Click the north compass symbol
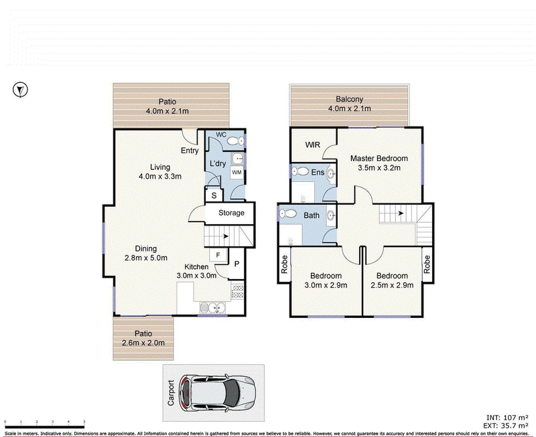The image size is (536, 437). click(x=20, y=90)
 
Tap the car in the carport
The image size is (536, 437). click(x=216, y=393)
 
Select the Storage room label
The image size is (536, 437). click(x=231, y=213)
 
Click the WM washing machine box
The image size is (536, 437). click(x=237, y=173)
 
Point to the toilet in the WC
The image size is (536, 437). click(x=236, y=141)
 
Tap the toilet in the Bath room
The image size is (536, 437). click(x=287, y=213)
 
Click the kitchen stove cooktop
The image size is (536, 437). click(x=237, y=292)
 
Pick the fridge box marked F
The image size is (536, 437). click(x=218, y=255)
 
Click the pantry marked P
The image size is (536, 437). click(x=237, y=264)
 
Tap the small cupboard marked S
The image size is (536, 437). click(x=214, y=195)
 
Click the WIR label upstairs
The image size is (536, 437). click(x=312, y=145)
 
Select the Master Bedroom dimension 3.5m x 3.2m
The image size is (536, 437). click(x=379, y=167)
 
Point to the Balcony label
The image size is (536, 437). click(x=349, y=99)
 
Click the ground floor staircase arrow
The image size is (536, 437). click(x=226, y=236)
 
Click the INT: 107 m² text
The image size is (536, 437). click(x=507, y=418)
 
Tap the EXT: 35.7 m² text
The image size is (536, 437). click(x=506, y=426)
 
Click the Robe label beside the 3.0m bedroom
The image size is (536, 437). click(x=284, y=264)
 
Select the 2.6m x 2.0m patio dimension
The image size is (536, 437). click(x=143, y=343)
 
